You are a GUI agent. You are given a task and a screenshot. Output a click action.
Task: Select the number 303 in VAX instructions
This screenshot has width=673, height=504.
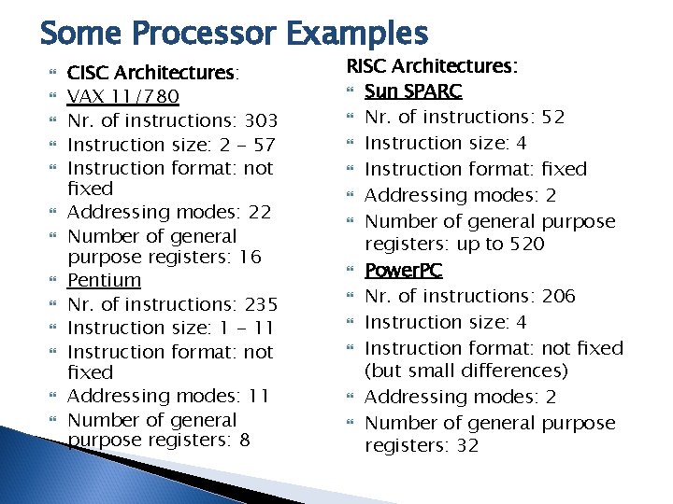point(259,120)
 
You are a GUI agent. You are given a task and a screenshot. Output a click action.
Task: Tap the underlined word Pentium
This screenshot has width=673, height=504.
point(105,280)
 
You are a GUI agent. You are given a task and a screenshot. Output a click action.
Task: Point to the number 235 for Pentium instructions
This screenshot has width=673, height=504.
point(259,304)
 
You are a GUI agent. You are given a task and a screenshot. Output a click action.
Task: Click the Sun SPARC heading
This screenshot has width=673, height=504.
point(413,91)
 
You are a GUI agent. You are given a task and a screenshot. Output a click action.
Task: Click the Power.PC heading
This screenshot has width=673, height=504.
point(404,270)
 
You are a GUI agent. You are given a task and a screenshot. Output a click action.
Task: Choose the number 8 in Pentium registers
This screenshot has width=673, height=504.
point(244,440)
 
